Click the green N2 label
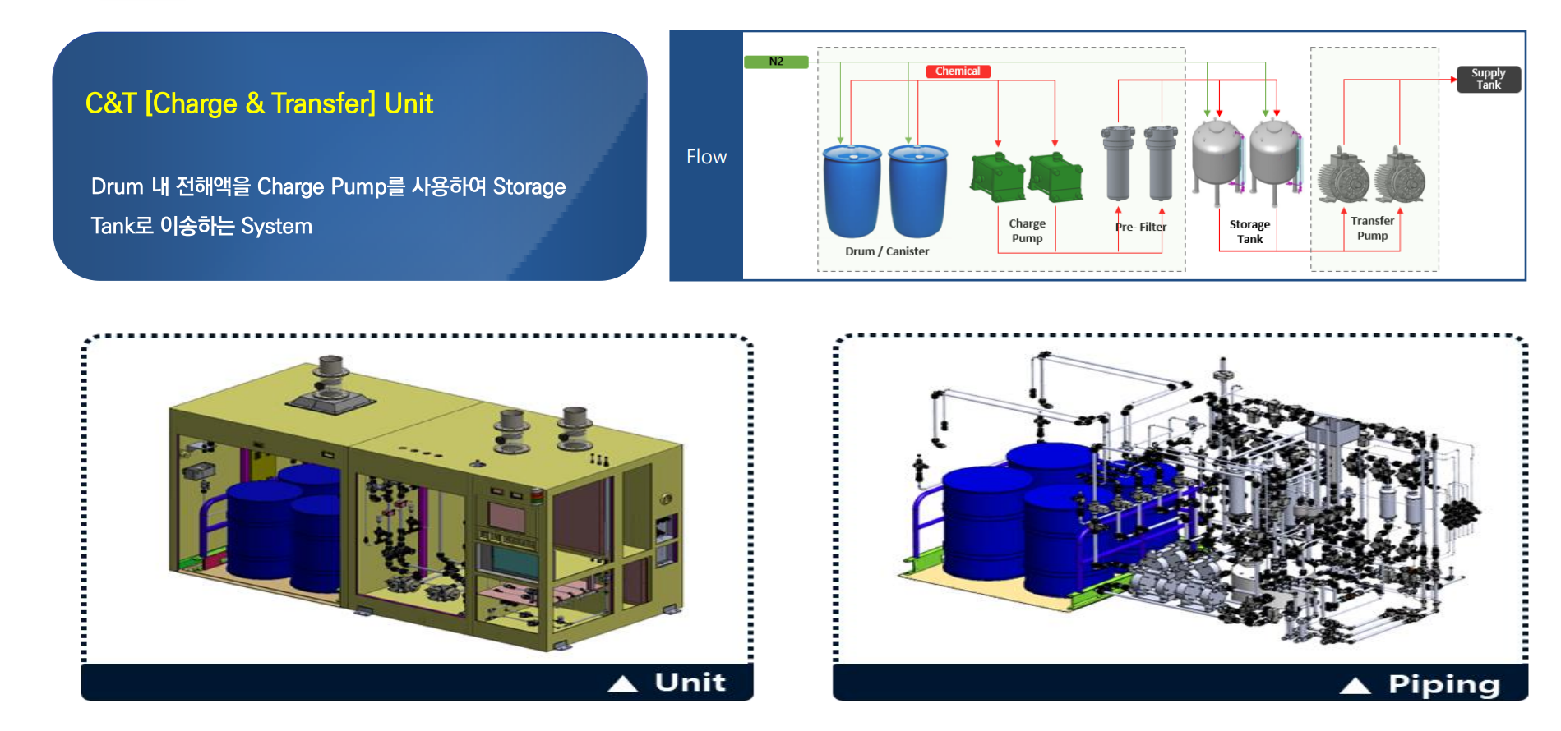[x=776, y=62]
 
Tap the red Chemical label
[x=958, y=71]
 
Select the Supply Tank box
[x=1489, y=79]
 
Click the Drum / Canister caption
[x=887, y=251]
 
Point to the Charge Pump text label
[x=1028, y=231]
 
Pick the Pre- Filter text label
[x=1141, y=227]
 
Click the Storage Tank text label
[x=1249, y=232]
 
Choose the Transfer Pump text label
[x=1373, y=228]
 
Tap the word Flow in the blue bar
[x=707, y=157]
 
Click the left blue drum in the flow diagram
[x=852, y=191]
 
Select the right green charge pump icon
[x=1055, y=176]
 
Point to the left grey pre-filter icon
[x=1118, y=163]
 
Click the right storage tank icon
[x=1275, y=159]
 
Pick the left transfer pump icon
[x=1343, y=176]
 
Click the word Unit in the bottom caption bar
[x=690, y=683]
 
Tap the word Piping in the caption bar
[x=1444, y=685]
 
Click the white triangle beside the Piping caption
[x=1355, y=686]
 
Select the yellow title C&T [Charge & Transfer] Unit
[x=259, y=103]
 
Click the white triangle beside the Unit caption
[x=623, y=683]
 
